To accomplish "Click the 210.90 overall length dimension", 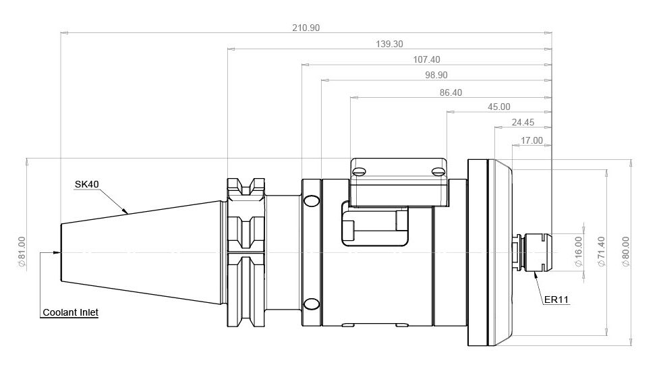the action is [x=306, y=28].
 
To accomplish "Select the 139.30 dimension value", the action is [x=390, y=44].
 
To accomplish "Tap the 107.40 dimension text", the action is [x=426, y=59].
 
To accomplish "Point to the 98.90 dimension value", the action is [x=436, y=75].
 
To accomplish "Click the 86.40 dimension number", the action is [x=451, y=93].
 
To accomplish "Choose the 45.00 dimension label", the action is [x=499, y=107].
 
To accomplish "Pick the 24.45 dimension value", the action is [x=523, y=122].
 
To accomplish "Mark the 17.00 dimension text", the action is [x=532, y=140].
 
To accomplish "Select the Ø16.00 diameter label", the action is [x=579, y=251].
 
